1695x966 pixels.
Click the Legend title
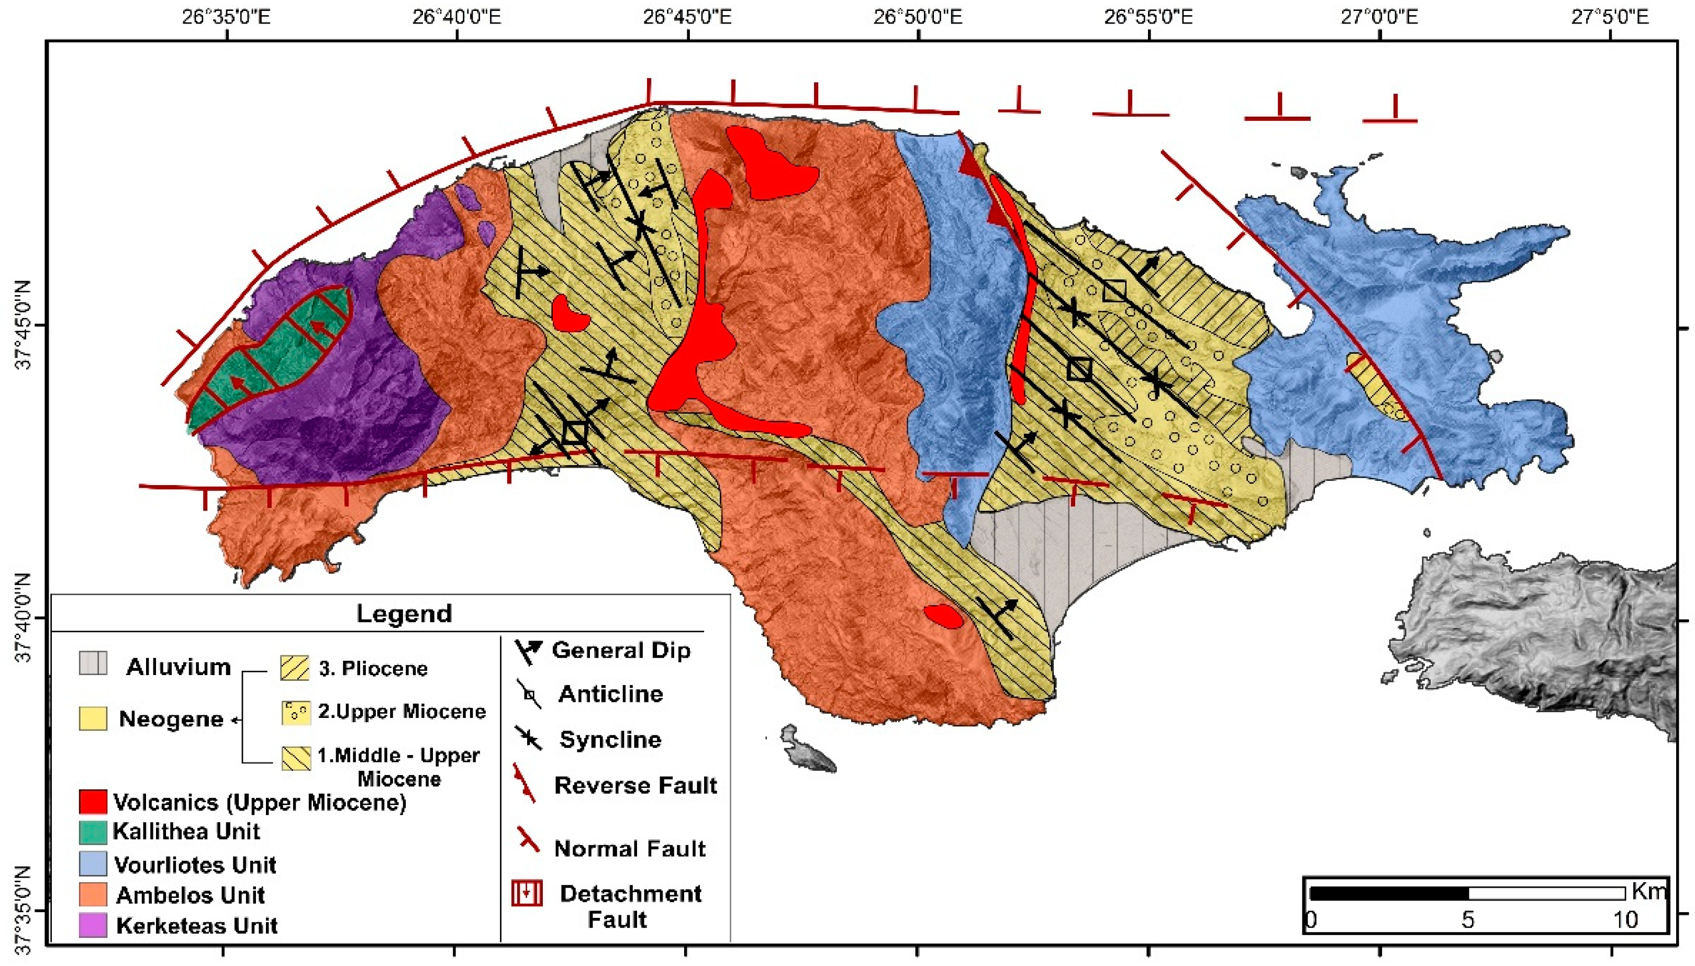click(404, 613)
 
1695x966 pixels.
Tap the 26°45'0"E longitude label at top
click(687, 16)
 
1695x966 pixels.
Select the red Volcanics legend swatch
click(92, 802)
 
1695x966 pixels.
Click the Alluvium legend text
click(179, 666)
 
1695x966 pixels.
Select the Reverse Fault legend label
click(635, 785)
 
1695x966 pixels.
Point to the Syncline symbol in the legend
click(529, 738)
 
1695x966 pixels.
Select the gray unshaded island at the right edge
click(1546, 637)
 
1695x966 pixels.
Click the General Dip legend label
click(621, 650)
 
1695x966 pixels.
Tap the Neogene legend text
click(171, 719)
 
